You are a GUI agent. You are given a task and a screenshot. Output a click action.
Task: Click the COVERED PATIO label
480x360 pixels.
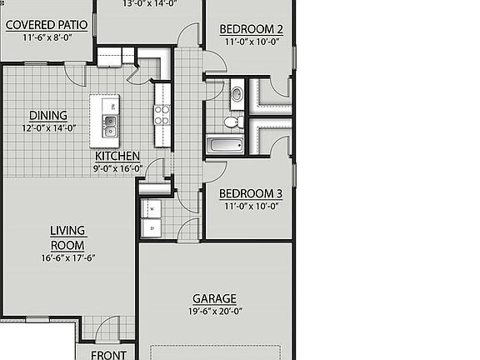click(47, 24)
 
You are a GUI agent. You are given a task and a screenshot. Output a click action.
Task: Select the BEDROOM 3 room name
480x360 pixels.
click(250, 193)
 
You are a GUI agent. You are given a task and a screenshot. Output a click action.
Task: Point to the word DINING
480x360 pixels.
click(48, 116)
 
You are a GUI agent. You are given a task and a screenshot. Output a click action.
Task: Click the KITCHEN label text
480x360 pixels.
click(117, 156)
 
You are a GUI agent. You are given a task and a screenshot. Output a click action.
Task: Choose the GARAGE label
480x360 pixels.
click(215, 298)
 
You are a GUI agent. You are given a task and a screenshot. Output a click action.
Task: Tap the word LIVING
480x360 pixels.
click(67, 230)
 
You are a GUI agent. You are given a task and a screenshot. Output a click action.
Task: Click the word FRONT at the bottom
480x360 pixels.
click(109, 355)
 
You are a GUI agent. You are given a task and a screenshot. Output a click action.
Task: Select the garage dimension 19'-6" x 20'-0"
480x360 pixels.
click(215, 312)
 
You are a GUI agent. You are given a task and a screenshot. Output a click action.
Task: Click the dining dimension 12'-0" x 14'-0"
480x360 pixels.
click(48, 127)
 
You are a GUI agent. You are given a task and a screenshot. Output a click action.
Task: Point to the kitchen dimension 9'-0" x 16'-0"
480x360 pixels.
click(117, 167)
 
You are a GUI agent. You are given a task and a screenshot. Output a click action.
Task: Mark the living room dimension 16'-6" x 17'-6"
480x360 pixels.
click(67, 257)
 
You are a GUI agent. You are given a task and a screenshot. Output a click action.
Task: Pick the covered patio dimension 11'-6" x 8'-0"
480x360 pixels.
click(47, 37)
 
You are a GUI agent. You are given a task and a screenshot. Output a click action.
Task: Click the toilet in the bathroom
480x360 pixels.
click(233, 122)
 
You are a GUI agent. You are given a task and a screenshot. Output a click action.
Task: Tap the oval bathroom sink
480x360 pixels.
click(236, 94)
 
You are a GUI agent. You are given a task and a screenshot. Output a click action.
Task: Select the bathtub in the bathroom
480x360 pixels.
click(226, 146)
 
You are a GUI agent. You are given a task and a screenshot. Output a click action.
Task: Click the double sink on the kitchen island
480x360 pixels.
click(110, 127)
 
